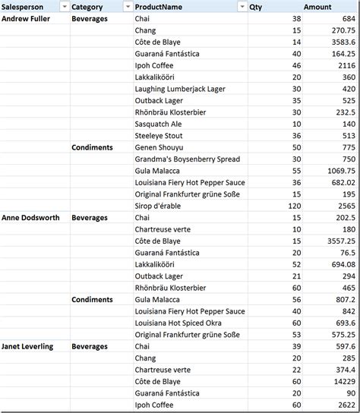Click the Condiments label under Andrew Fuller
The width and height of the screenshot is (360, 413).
tap(92, 147)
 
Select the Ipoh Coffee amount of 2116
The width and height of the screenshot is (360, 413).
tap(345, 65)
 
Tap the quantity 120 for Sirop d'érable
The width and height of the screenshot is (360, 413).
tap(291, 206)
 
